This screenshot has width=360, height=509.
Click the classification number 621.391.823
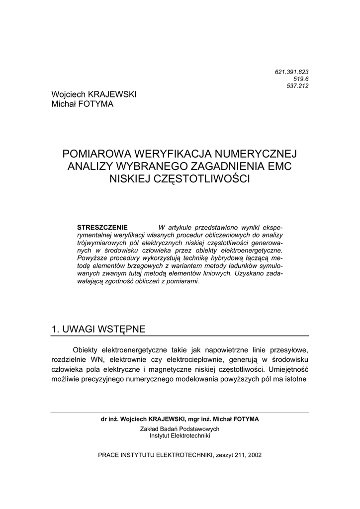click(x=291, y=72)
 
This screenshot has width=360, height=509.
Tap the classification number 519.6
click(x=300, y=79)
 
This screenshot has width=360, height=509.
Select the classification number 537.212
click(x=298, y=85)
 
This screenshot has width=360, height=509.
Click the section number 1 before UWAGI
click(x=55, y=329)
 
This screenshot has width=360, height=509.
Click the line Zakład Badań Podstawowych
click(x=180, y=428)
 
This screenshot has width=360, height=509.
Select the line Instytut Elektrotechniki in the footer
click(x=180, y=435)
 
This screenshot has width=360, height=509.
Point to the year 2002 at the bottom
click(x=254, y=455)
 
